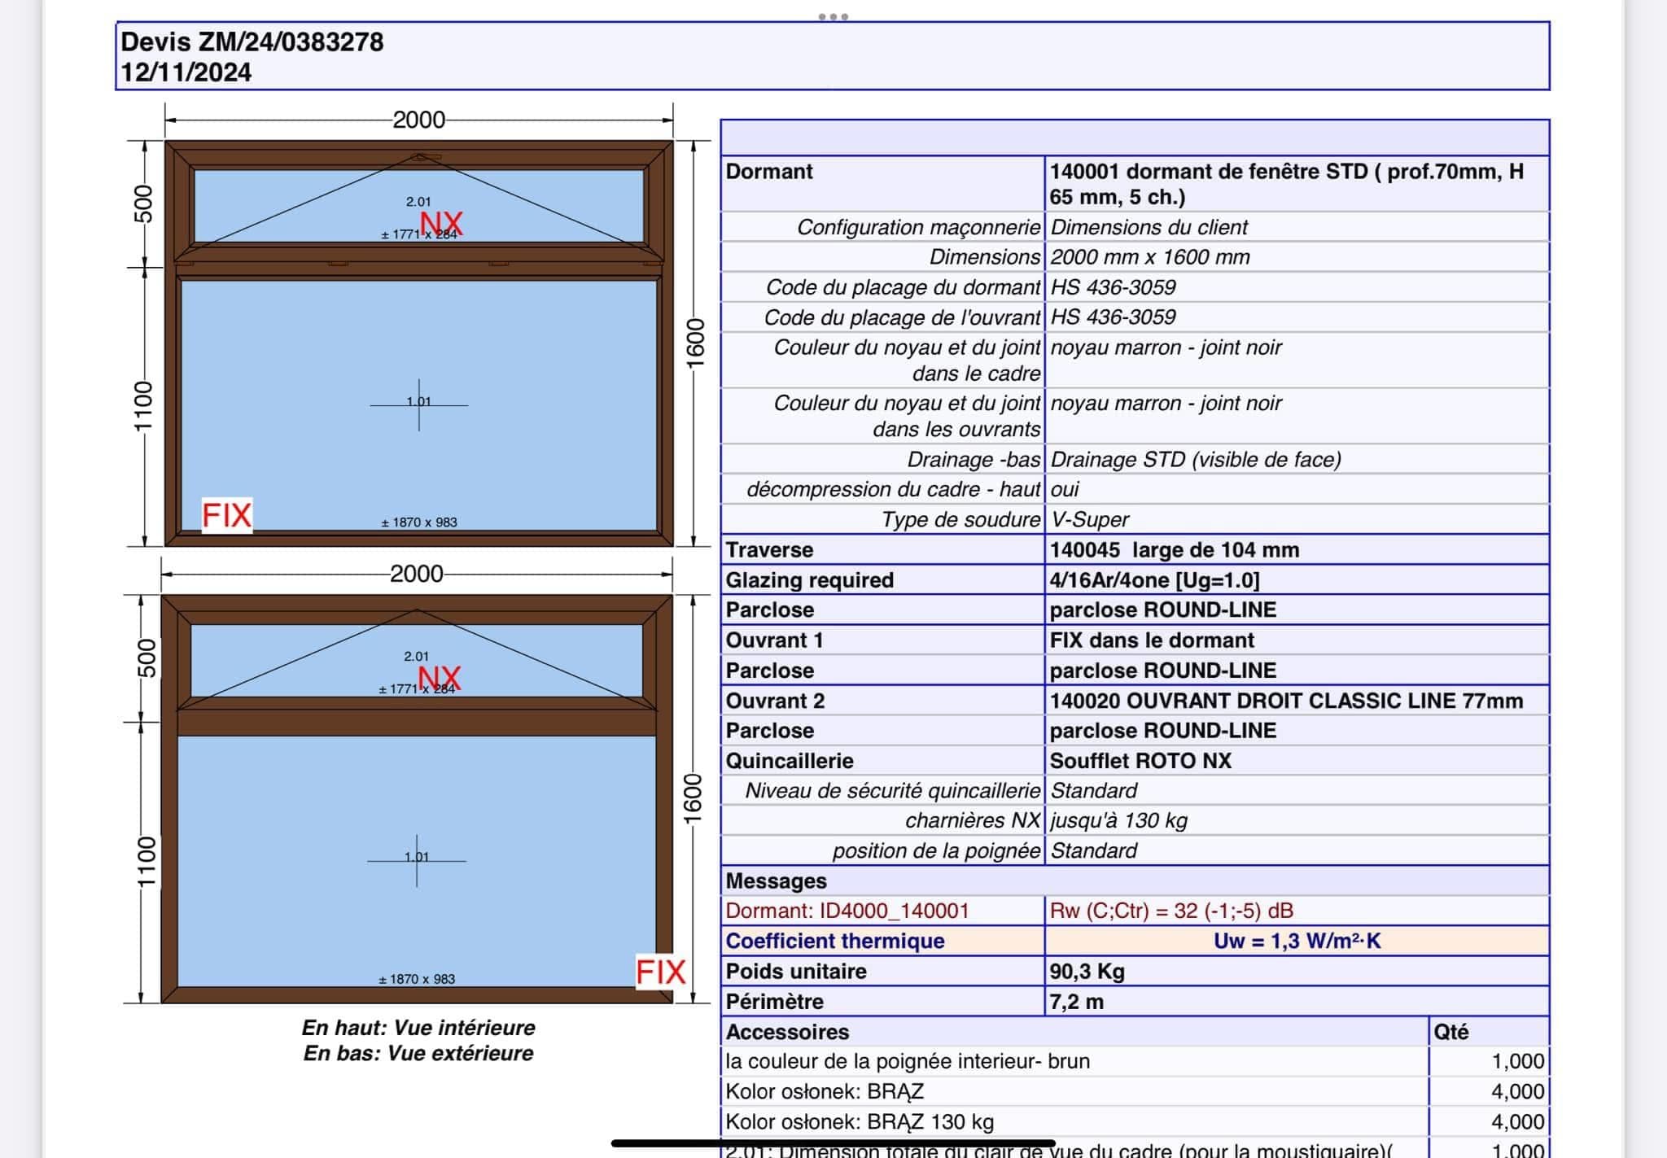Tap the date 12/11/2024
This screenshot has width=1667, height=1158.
186,72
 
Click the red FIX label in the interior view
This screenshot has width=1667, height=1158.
226,515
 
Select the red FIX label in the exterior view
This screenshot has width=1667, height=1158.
660,972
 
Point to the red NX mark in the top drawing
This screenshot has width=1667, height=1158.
441,223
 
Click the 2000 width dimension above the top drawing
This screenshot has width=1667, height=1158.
418,120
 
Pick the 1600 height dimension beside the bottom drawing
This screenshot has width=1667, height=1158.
693,797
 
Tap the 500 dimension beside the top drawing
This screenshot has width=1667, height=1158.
143,203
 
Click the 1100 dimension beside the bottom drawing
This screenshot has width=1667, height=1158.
145,863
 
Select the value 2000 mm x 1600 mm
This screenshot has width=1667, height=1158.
1149,257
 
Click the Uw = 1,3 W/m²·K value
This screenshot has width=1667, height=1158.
1297,942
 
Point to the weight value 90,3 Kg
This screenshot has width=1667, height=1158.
1087,972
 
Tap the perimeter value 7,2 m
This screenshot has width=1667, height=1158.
1076,1002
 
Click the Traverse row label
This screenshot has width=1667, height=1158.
769,550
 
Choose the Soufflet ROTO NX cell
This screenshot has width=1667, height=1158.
1140,761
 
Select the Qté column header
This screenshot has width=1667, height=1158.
1450,1032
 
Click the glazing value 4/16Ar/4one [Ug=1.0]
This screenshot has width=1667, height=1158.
1154,580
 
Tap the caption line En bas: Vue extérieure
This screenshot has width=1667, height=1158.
418,1053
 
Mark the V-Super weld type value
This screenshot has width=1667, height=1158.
1090,519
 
